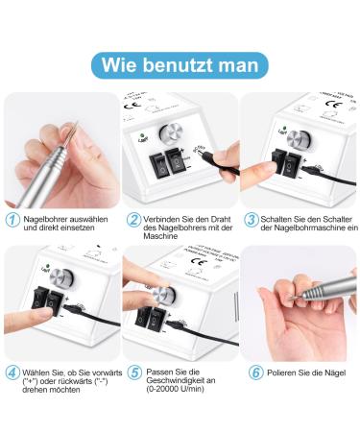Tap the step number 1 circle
click(x=12, y=219)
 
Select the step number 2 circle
click(x=133, y=219)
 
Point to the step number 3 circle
click(x=252, y=219)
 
